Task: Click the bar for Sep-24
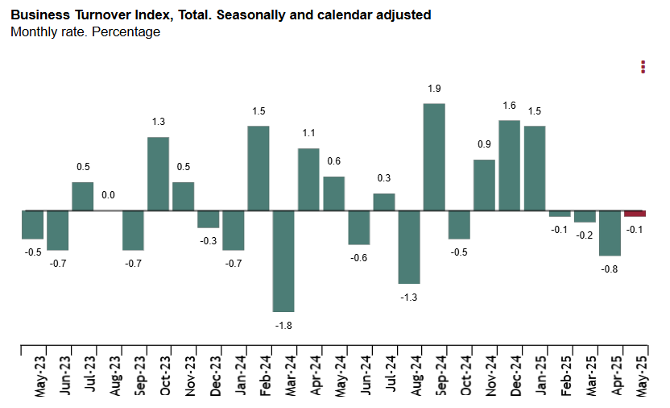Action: (x=434, y=157)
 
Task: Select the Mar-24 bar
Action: (x=283, y=261)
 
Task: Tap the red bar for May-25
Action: (x=635, y=214)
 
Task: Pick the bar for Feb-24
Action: (x=258, y=169)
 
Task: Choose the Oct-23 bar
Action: (x=158, y=174)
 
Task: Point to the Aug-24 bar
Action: (x=409, y=248)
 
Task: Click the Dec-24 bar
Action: (x=509, y=165)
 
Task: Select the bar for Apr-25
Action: (x=610, y=233)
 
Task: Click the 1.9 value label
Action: (x=434, y=89)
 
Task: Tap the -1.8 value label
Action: (x=283, y=325)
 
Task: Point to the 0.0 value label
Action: (x=108, y=195)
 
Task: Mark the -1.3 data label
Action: (x=409, y=297)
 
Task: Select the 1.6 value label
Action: (x=509, y=106)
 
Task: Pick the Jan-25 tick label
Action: (x=542, y=375)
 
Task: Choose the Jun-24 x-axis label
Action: (x=366, y=375)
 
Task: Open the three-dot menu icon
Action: (x=643, y=67)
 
